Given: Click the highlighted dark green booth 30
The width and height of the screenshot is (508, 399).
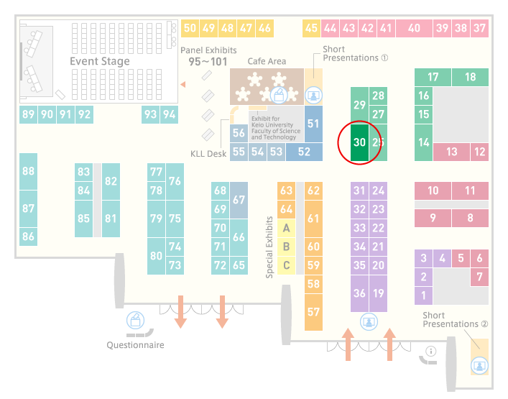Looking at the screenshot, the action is (359, 142).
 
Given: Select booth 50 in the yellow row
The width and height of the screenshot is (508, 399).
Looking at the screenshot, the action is (190, 28).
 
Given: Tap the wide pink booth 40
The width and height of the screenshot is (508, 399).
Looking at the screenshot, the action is (414, 28).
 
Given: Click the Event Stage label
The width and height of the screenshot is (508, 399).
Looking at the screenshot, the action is (100, 61).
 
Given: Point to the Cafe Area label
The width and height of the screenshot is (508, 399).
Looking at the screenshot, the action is (267, 61).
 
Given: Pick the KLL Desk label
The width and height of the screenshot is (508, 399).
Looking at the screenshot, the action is (208, 154).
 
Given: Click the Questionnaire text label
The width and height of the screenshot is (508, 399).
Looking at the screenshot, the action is (135, 345).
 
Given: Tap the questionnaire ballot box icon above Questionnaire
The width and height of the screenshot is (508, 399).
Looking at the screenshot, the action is (135, 320).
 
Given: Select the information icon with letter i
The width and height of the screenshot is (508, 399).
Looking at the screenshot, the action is (431, 351).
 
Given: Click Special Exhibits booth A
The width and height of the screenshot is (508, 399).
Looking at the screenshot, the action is (287, 228).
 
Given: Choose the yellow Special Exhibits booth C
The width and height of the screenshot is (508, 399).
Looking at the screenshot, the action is (287, 265).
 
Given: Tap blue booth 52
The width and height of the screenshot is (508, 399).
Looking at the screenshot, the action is (304, 152).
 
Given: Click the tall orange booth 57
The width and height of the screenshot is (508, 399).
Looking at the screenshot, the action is (313, 312).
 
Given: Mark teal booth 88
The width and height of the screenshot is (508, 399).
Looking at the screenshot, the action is (29, 171).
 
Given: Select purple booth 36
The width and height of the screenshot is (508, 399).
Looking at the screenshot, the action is (359, 293).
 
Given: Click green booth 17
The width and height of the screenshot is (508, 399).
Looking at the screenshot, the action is (433, 77).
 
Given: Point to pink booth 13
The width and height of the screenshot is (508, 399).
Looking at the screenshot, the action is (452, 152).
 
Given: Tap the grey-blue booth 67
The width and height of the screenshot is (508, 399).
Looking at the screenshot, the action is (239, 200).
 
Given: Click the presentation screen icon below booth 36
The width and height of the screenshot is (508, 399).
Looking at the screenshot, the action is (369, 322).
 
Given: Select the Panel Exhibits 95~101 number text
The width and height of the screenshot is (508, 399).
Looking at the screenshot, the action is (208, 62).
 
